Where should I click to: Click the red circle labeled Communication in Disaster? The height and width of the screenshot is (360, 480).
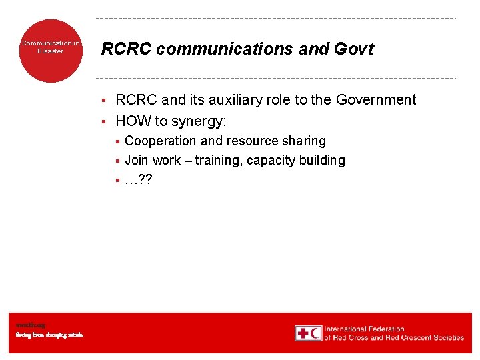click(51, 51)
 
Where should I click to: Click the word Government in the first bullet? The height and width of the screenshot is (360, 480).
click(375, 100)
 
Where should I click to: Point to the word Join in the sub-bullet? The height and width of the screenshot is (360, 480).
click(137, 160)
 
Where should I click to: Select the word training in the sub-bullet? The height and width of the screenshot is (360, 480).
click(217, 161)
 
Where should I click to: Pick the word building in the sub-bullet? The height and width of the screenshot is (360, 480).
click(323, 160)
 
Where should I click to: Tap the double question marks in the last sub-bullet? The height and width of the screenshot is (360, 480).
click(145, 179)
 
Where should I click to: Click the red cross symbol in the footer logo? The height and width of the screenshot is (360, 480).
click(302, 333)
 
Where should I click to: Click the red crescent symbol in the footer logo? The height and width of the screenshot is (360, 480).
click(315, 333)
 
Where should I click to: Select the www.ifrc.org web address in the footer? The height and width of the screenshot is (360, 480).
click(30, 325)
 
